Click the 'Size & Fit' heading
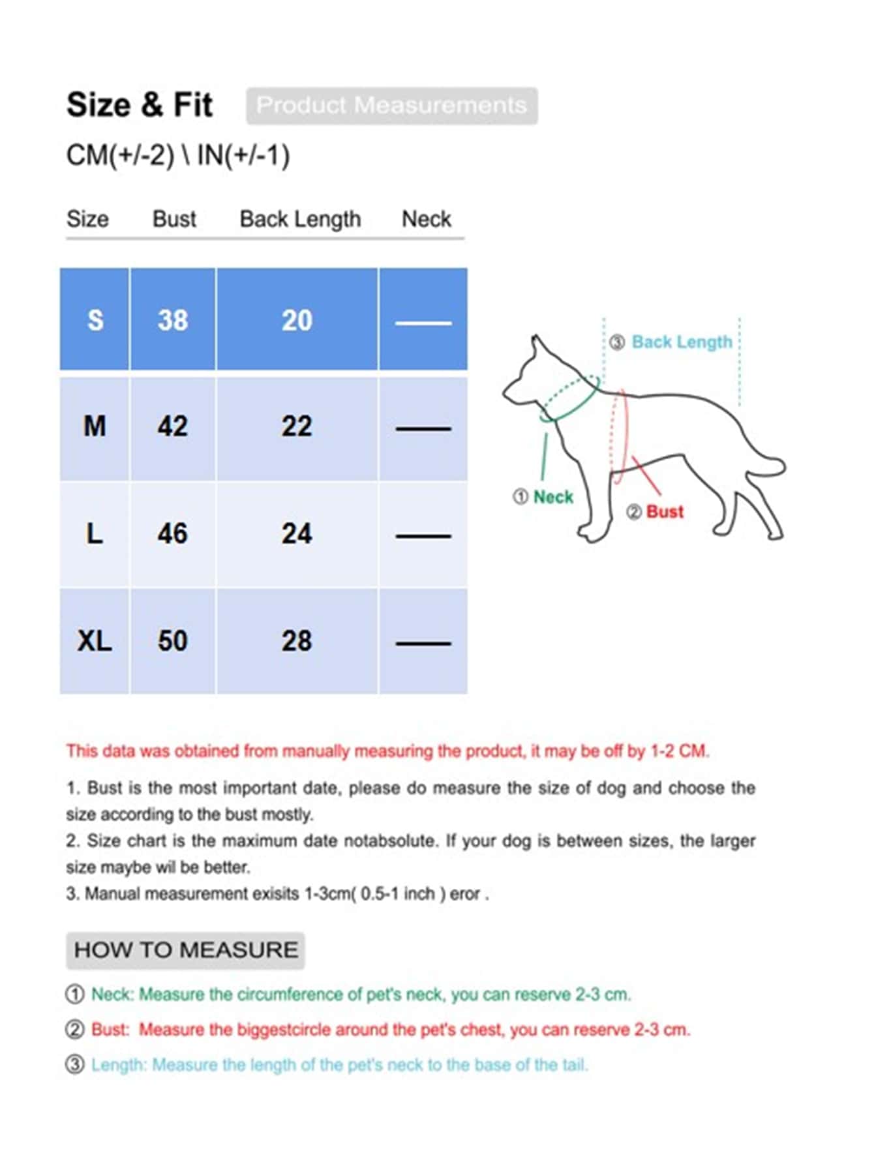coord(140,105)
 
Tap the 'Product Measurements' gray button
coord(391,106)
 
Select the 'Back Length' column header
coord(300,219)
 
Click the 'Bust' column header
coord(174,219)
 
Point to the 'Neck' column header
coord(426,219)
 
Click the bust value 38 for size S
coord(172,320)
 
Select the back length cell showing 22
coord(297,427)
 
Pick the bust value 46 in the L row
coord(172,534)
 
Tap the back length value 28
coord(297,641)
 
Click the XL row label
coord(95,641)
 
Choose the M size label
coord(95,427)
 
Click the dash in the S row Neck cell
coord(423,323)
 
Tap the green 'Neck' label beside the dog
coord(553,497)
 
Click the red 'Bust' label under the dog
coord(664,512)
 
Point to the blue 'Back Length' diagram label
coord(682,342)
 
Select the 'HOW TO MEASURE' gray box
coord(185,950)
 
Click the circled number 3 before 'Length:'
coord(75,1065)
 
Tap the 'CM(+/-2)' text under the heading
coord(121,156)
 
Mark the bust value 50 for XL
coord(172,641)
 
